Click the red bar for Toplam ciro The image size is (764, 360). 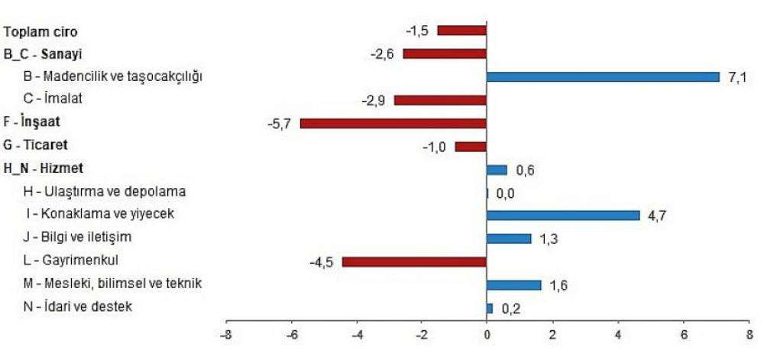461,31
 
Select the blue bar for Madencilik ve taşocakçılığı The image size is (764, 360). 603,76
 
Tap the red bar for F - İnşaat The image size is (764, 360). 393,123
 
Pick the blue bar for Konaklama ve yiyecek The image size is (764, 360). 563,215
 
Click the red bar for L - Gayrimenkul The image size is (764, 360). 414,261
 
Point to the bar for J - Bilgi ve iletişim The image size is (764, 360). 509,238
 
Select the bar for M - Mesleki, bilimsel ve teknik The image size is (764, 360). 513,284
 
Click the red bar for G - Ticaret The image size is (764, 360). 471,146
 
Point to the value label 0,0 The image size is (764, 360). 505,193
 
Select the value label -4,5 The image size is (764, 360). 321,262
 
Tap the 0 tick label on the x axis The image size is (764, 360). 487,334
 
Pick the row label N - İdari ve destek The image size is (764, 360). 79,307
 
